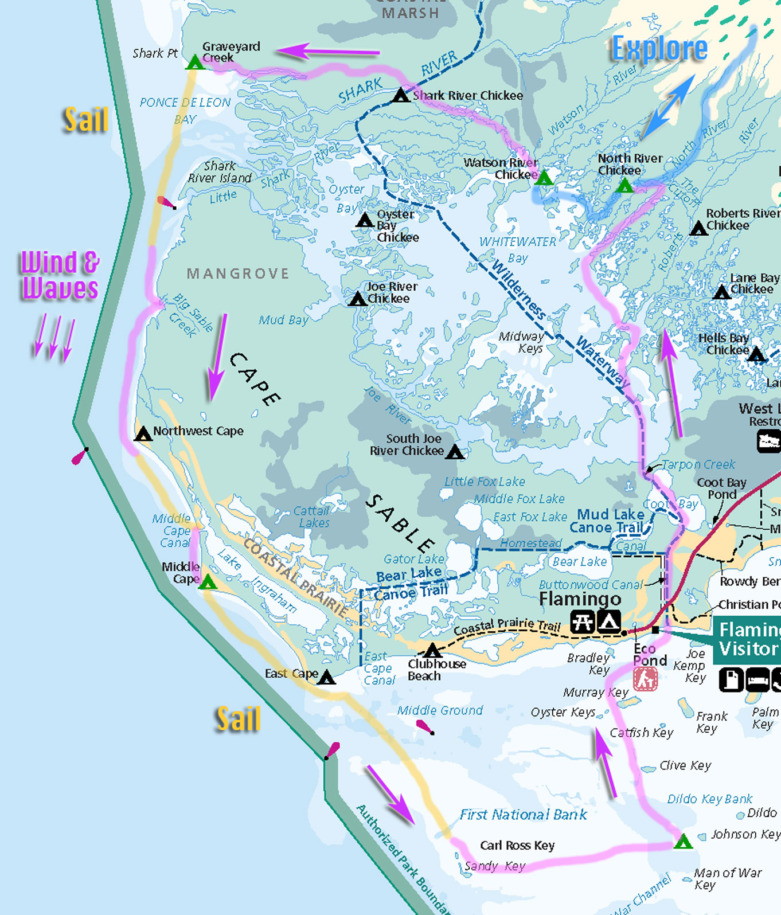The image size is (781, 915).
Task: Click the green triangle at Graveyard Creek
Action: pos(195,62)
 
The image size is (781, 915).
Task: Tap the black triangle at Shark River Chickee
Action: pos(400,96)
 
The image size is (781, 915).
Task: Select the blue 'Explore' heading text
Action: pos(659,49)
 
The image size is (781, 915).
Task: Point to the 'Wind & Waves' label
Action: pos(60,276)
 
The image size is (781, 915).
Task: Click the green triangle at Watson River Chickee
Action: pos(544,178)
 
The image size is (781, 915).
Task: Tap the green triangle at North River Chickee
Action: pos(624,186)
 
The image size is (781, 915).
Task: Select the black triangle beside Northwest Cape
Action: pos(143,434)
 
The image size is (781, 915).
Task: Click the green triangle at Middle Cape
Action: pos(208,583)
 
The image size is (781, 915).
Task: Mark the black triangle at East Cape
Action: pos(326,678)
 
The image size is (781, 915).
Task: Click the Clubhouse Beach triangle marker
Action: pos(432,651)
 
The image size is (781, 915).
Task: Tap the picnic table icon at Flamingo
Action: pos(582,621)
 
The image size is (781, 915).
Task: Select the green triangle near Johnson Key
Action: pos(682,843)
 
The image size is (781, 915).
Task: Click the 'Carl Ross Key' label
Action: pos(517,846)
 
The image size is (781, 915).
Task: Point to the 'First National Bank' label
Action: pos(523,815)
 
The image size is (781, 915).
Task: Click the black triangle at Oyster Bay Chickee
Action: pos(365,220)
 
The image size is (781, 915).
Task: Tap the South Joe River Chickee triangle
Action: pos(455,452)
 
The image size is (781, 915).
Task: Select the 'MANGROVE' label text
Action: pos(238,273)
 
